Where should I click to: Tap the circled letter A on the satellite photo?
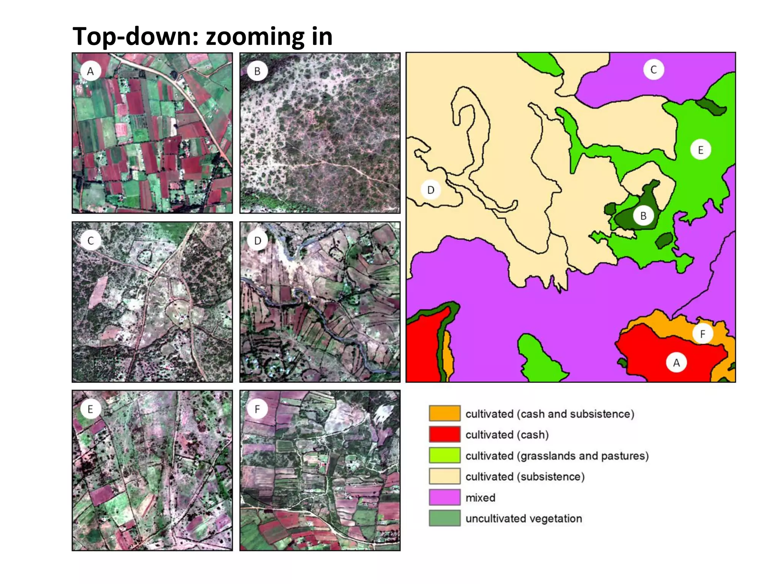tap(90, 71)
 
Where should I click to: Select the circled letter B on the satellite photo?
tap(258, 71)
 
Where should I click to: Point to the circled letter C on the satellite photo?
tap(90, 241)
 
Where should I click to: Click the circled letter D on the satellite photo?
tap(258, 241)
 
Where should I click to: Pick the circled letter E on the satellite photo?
tap(90, 409)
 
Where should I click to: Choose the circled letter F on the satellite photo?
tap(258, 409)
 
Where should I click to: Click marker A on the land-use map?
tap(676, 363)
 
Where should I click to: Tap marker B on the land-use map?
tap(643, 216)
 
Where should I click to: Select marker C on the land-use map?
tap(653, 70)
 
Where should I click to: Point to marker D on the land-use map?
tap(431, 190)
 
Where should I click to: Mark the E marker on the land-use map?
tap(701, 150)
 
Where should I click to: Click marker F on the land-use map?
tap(702, 334)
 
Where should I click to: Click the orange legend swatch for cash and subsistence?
tap(444, 414)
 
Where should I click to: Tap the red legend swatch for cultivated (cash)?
tap(444, 435)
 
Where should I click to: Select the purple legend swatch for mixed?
tap(444, 497)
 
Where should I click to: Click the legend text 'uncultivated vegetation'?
tap(523, 519)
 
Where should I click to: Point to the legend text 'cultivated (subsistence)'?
tap(525, 477)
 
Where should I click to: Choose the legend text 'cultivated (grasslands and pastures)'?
tap(557, 455)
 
